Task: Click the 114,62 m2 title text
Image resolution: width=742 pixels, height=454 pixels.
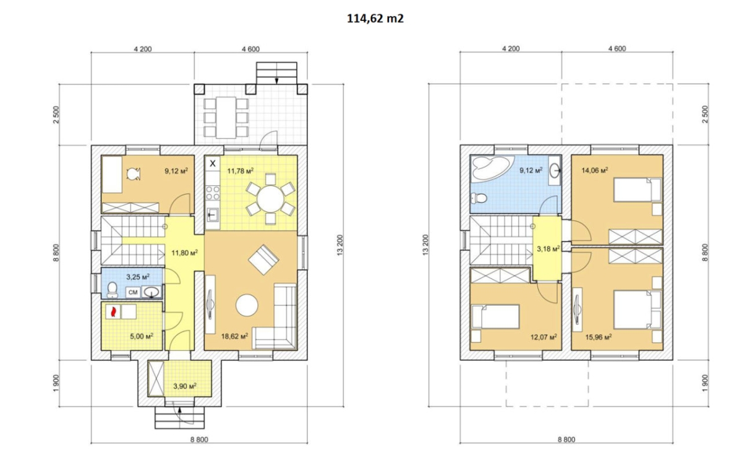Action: [x=375, y=19]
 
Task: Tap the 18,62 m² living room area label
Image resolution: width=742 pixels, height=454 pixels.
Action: [x=234, y=337]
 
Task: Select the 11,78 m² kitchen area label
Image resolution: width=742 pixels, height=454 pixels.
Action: [x=240, y=170]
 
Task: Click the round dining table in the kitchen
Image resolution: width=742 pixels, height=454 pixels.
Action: [x=270, y=199]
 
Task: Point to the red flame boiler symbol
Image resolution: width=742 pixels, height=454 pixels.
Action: [x=113, y=312]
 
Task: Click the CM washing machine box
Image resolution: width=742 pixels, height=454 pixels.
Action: [x=133, y=292]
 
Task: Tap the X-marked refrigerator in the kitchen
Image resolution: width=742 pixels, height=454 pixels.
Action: [x=213, y=163]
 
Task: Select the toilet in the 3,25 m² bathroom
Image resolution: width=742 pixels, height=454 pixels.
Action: [x=113, y=290]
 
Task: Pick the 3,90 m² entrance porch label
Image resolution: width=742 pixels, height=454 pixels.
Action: [x=185, y=386]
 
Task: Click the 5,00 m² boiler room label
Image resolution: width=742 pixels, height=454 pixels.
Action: [x=142, y=337]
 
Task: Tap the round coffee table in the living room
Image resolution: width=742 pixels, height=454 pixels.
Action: [x=247, y=305]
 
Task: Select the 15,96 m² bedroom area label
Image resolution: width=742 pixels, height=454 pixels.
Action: [x=599, y=337]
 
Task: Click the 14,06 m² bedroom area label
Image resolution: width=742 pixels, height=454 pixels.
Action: [x=595, y=170]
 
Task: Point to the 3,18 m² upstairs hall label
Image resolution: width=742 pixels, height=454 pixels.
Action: [x=548, y=248]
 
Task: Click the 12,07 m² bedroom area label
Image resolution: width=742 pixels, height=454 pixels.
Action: [x=544, y=337]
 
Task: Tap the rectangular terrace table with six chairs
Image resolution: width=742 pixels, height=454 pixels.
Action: [x=226, y=117]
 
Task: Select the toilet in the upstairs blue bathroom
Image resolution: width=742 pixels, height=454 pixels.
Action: [x=479, y=198]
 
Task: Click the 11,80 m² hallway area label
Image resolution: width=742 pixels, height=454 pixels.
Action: [x=184, y=253]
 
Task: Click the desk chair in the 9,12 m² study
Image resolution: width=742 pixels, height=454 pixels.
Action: [x=134, y=174]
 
